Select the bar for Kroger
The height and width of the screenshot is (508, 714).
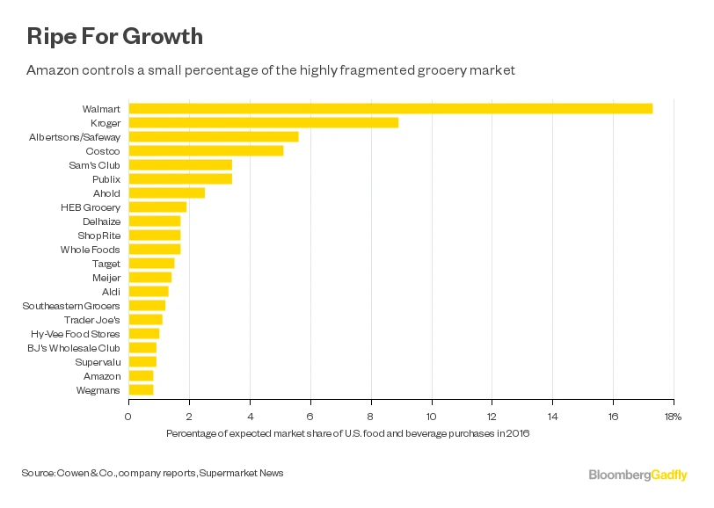click(264, 122)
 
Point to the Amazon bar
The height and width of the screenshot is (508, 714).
click(141, 376)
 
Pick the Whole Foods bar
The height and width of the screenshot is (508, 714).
click(155, 249)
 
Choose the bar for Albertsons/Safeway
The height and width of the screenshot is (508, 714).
click(214, 136)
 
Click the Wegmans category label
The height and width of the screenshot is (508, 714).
click(100, 390)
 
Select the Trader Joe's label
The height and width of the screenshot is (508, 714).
click(92, 320)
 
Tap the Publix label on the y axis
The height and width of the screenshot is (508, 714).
click(106, 178)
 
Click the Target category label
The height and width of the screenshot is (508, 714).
click(106, 263)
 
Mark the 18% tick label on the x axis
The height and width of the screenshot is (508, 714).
click(673, 416)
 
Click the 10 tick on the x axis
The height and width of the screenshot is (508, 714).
click(432, 416)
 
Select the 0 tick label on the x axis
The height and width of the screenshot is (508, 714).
click(128, 416)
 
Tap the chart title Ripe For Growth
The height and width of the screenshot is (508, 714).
click(114, 36)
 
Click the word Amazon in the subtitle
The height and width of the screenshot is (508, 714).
click(51, 69)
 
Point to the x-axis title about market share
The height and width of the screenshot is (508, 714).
click(348, 433)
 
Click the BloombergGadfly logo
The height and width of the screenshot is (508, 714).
click(638, 475)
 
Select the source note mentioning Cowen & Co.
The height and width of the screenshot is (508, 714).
click(152, 474)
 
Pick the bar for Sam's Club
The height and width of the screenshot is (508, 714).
click(180, 164)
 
